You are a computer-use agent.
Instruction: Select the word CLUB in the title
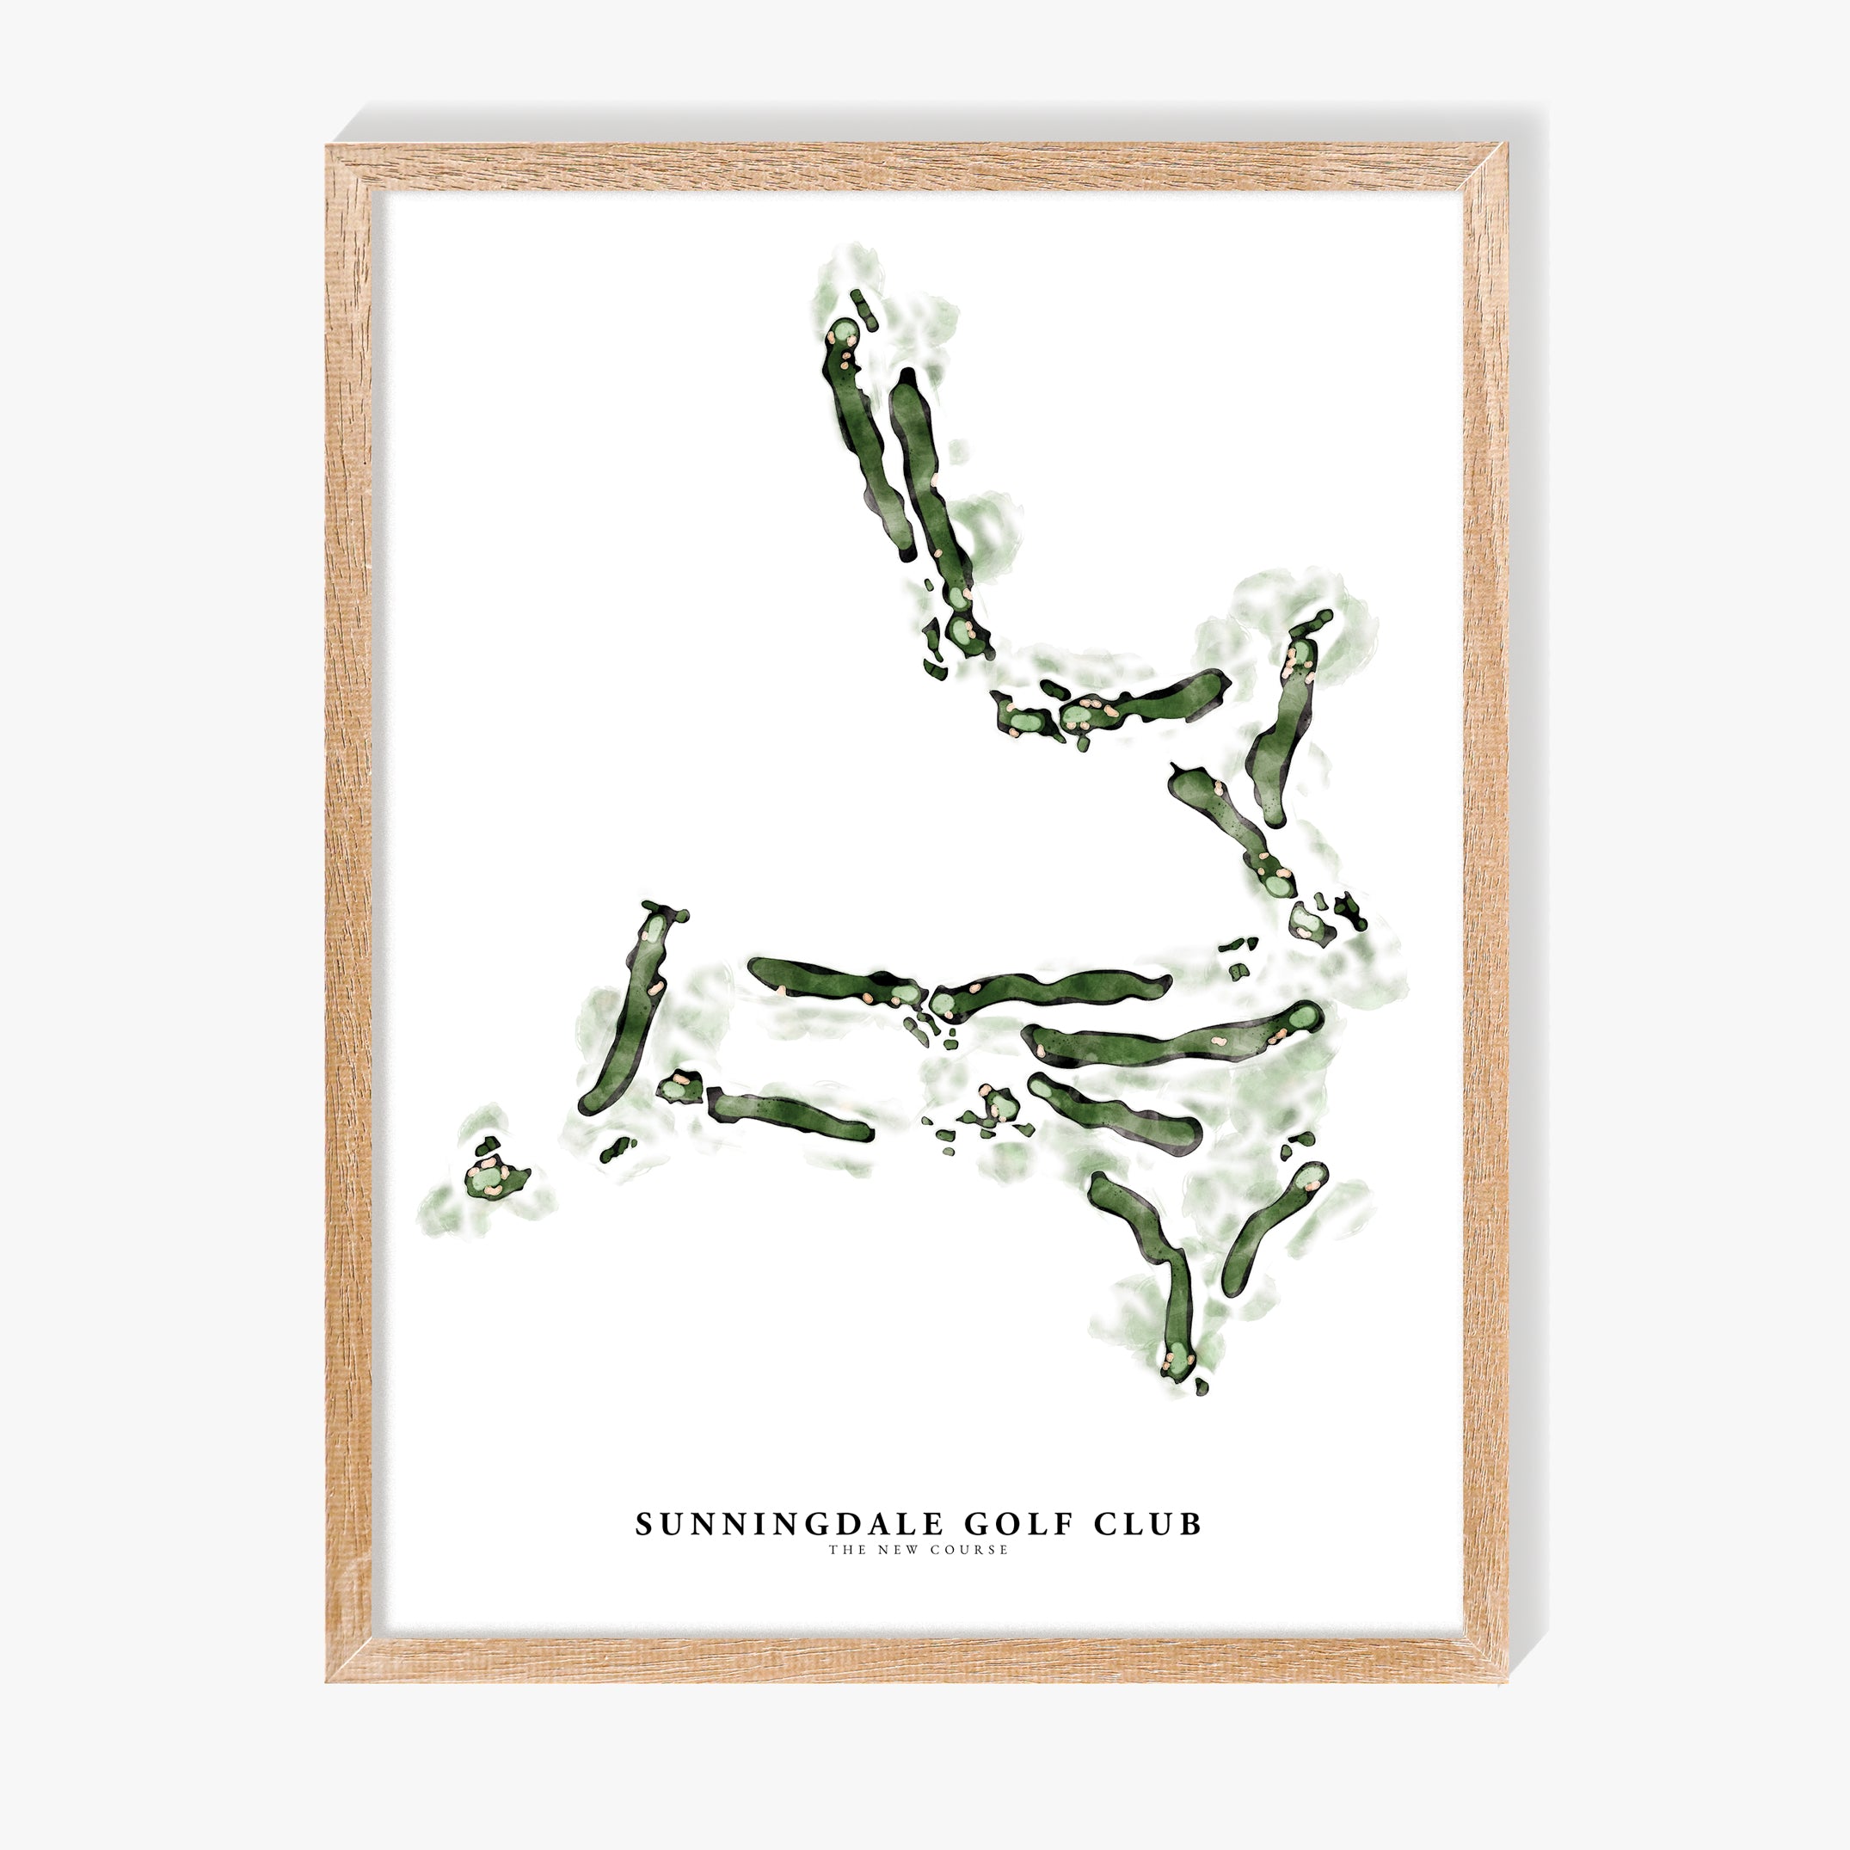click(1147, 1524)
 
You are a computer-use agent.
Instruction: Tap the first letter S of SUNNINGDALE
click(644, 1524)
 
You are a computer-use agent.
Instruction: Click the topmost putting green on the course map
click(843, 333)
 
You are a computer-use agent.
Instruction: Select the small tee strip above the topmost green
click(864, 311)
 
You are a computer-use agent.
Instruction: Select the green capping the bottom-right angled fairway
click(1311, 1177)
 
